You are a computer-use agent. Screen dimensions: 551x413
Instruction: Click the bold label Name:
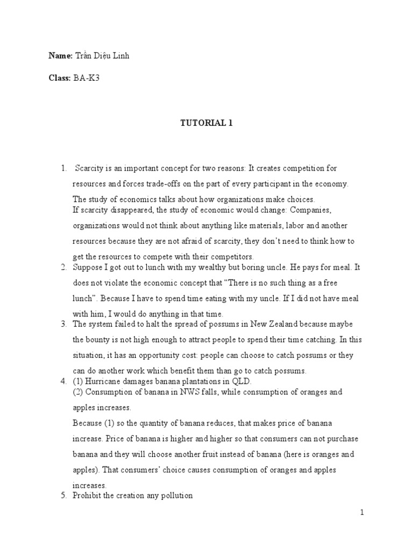pyautogui.click(x=60, y=56)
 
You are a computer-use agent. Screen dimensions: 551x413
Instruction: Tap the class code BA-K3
pyautogui.click(x=87, y=78)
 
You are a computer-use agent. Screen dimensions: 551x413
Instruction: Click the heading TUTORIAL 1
pyautogui.click(x=206, y=123)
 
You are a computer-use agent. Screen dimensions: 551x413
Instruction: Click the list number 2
pyautogui.click(x=63, y=267)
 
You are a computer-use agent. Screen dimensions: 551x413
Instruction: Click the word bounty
pyautogui.click(x=98, y=340)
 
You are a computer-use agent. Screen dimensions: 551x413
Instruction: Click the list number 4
pyautogui.click(x=63, y=381)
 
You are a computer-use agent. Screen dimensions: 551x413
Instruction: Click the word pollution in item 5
pyautogui.click(x=174, y=495)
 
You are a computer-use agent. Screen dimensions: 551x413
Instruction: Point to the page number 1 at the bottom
pyautogui.click(x=362, y=512)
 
